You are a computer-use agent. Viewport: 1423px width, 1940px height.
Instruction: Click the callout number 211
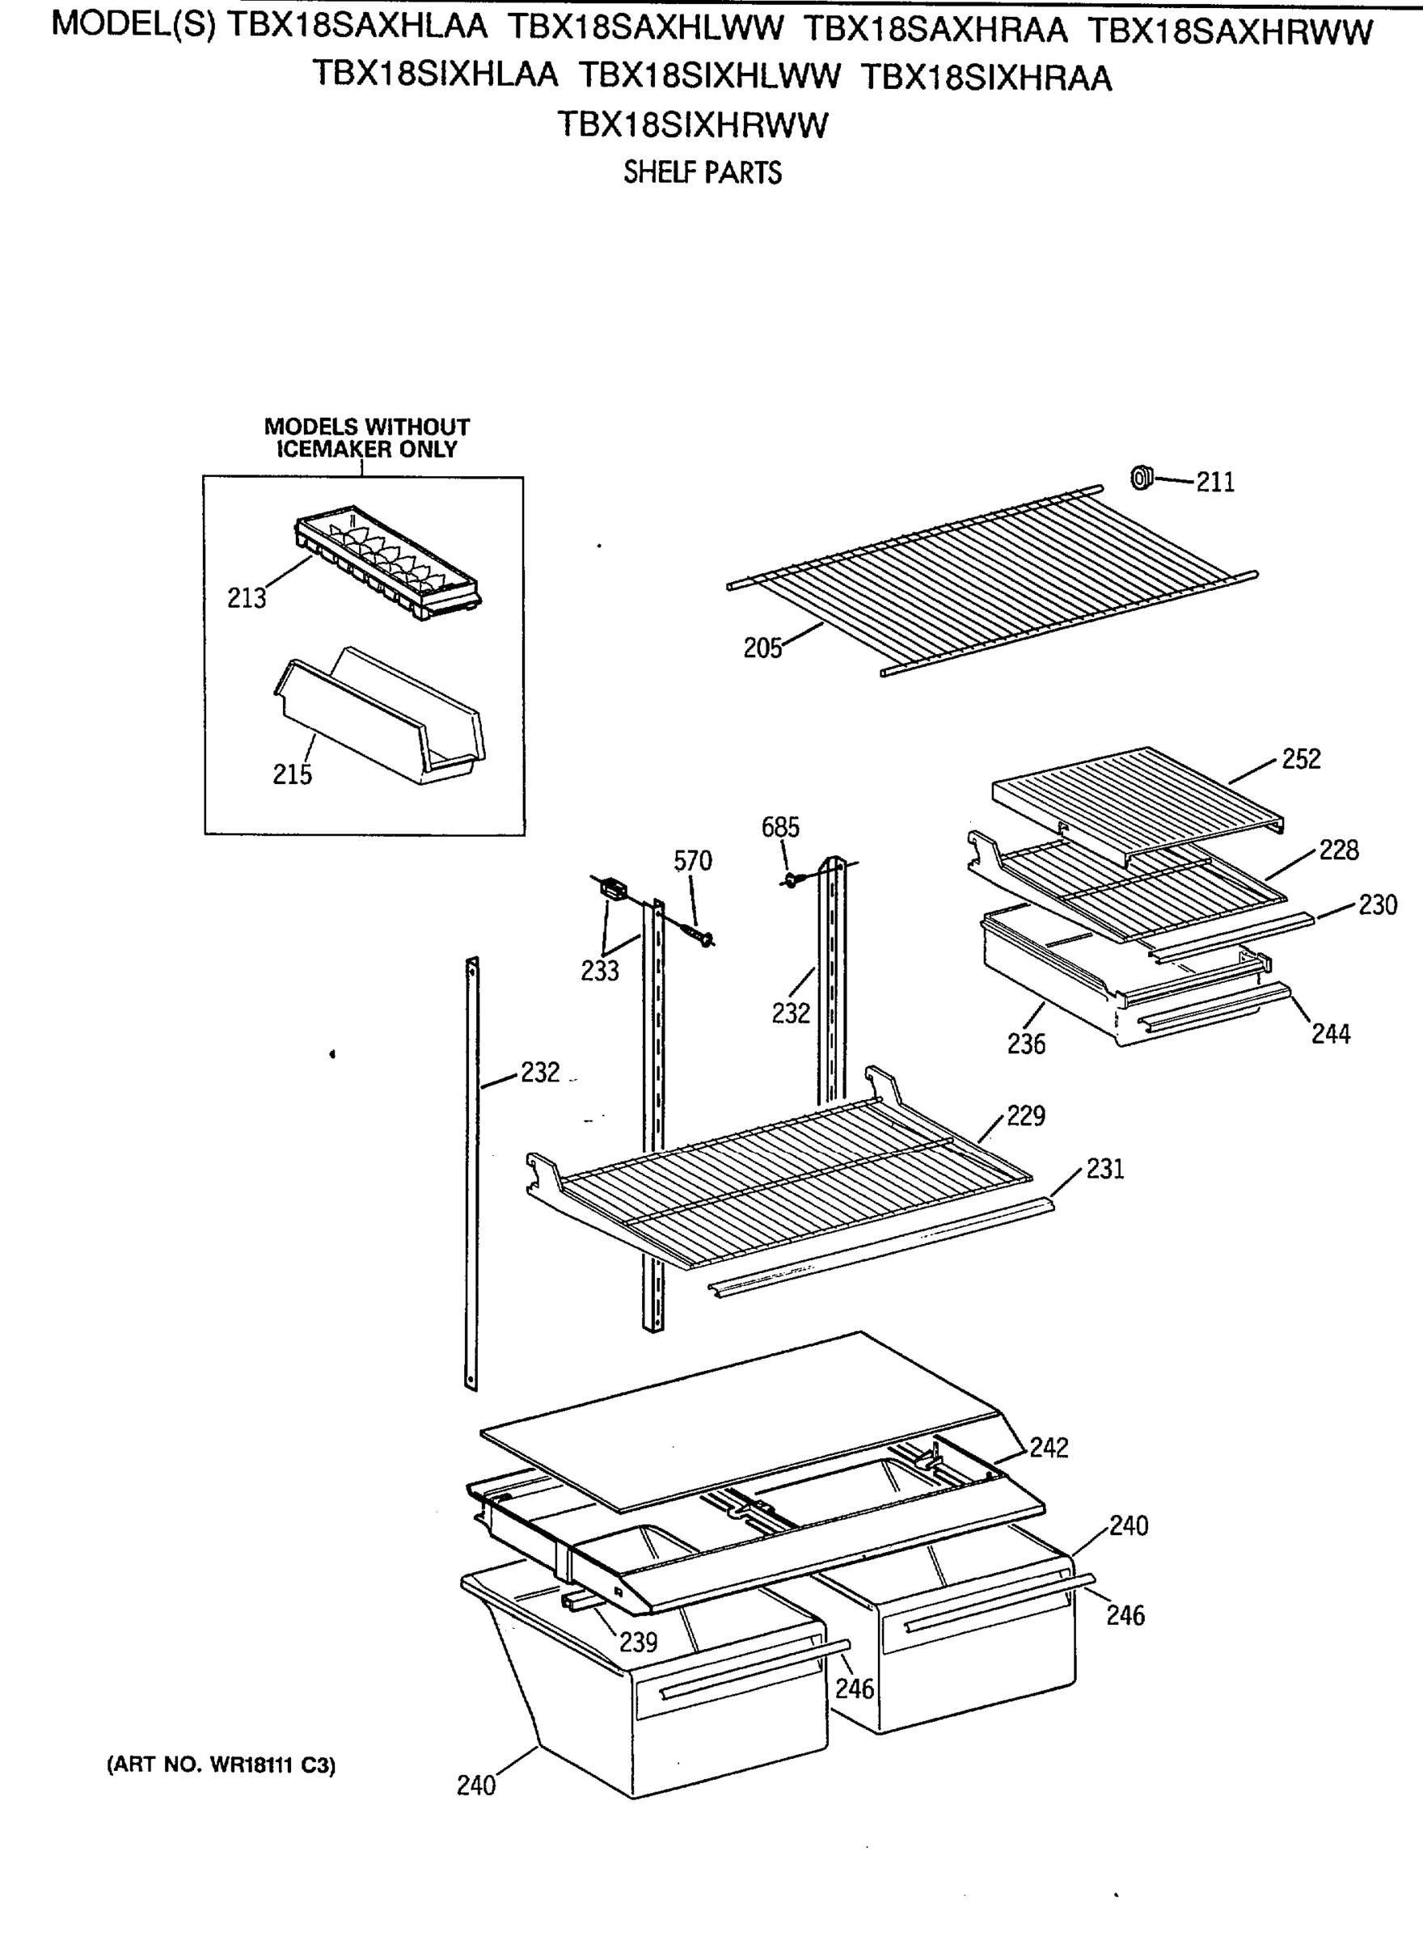click(1214, 483)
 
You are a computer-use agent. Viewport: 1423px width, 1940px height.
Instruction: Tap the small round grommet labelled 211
click(1141, 476)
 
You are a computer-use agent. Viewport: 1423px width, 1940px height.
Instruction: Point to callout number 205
click(762, 647)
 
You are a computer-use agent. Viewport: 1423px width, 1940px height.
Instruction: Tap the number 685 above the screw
click(779, 827)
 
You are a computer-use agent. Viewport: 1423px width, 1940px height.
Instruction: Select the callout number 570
click(693, 860)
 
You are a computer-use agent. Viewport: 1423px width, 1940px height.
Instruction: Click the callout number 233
click(600, 971)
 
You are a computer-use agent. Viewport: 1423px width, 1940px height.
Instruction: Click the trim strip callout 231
click(1104, 1169)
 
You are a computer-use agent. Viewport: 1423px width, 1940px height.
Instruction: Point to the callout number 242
click(1049, 1448)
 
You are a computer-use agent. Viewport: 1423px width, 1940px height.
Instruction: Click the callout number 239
click(638, 1642)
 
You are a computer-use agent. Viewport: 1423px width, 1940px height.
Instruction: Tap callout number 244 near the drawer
click(1330, 1033)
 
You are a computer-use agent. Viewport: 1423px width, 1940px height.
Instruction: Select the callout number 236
click(1026, 1044)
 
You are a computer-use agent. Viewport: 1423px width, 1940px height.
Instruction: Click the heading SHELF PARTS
click(702, 173)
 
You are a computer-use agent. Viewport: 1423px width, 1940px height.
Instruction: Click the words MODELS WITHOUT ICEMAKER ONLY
click(366, 437)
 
